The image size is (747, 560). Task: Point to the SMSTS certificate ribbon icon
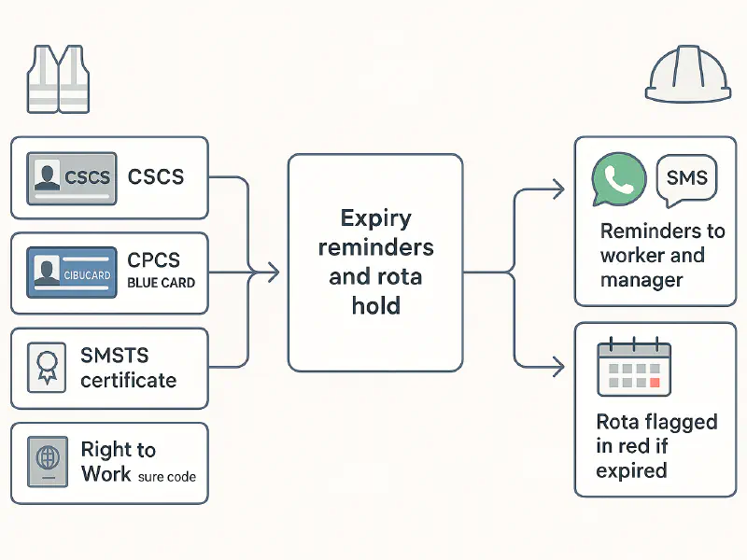(48, 367)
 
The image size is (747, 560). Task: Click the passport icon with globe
(48, 463)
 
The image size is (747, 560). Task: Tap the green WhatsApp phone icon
(619, 180)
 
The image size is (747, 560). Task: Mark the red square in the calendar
(654, 382)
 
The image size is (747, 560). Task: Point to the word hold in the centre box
(375, 305)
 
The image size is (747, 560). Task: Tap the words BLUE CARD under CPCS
(162, 283)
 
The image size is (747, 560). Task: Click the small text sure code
(166, 476)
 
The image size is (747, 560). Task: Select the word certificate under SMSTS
(128, 380)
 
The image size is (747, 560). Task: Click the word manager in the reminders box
(641, 279)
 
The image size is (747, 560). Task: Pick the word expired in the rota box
(631, 469)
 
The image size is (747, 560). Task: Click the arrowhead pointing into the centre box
(274, 273)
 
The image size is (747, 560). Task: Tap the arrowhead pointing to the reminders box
(557, 190)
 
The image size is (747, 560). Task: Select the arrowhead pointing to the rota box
(557, 366)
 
